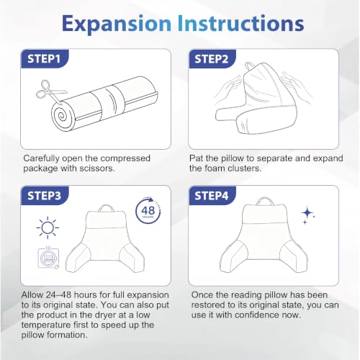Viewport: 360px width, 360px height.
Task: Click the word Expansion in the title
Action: (116, 24)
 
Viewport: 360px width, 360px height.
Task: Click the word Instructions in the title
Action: (240, 23)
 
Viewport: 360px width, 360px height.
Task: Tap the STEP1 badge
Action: (45, 59)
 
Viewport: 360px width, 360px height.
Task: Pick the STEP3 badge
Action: (45, 196)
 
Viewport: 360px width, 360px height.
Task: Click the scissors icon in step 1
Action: (50, 92)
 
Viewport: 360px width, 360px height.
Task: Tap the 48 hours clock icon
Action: (148, 210)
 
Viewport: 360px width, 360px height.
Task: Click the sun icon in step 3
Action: (48, 228)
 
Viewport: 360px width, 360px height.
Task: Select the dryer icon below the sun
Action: (48, 258)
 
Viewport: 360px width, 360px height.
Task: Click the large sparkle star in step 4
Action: (307, 213)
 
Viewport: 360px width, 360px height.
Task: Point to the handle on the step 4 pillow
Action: (264, 201)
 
